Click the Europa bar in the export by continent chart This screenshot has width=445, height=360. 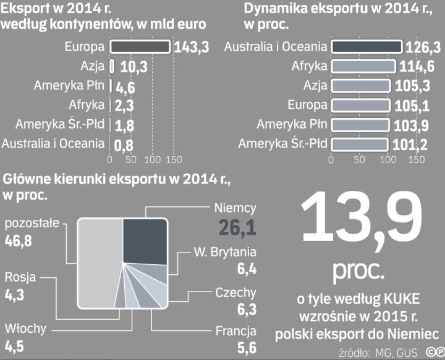[x=140, y=48]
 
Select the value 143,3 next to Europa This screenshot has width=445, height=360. [x=191, y=48]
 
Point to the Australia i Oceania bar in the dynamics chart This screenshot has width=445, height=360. [x=367, y=48]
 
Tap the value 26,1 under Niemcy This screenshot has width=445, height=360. [x=237, y=228]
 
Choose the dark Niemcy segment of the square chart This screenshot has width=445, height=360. [x=145, y=242]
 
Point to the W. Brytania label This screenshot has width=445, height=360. [x=224, y=252]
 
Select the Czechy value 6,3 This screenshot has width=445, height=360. [x=246, y=309]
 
